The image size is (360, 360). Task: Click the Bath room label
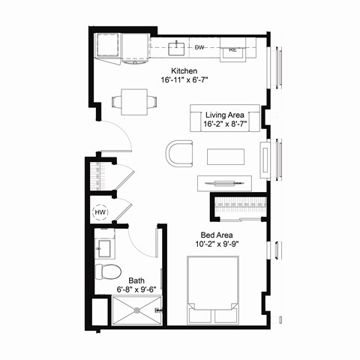click(135, 277)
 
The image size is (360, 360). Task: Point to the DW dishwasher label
click(199, 47)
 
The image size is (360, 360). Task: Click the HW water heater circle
click(100, 213)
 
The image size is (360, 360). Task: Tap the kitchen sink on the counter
click(178, 49)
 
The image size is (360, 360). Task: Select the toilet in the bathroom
click(107, 271)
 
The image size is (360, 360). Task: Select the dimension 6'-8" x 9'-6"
click(135, 287)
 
